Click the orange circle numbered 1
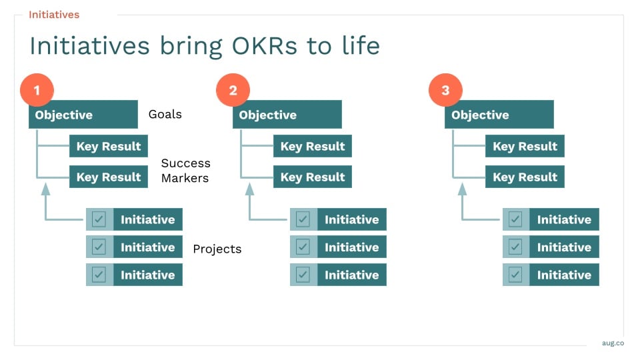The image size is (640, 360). tap(37, 90)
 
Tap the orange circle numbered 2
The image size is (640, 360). tap(233, 90)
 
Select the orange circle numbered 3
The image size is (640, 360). tap(445, 90)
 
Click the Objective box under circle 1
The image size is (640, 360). tap(83, 114)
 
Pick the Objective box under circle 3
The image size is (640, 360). tap(499, 114)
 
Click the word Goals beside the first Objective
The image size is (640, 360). tap(165, 114)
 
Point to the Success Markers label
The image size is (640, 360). tap(186, 171)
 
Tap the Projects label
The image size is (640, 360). tap(217, 249)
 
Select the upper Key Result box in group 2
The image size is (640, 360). tap(312, 146)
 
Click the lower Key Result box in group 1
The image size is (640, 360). tap(109, 177)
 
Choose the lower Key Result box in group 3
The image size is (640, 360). tap(525, 177)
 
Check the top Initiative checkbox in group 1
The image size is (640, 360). tap(99, 219)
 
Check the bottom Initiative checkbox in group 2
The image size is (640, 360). tap(303, 275)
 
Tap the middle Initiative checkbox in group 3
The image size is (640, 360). tap(515, 247)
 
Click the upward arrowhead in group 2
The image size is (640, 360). tap(249, 189)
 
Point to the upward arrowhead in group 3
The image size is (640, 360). tap(462, 189)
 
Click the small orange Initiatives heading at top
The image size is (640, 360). tap(54, 15)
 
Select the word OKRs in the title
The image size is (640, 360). tap(265, 45)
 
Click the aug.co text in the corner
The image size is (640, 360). tap(613, 343)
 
